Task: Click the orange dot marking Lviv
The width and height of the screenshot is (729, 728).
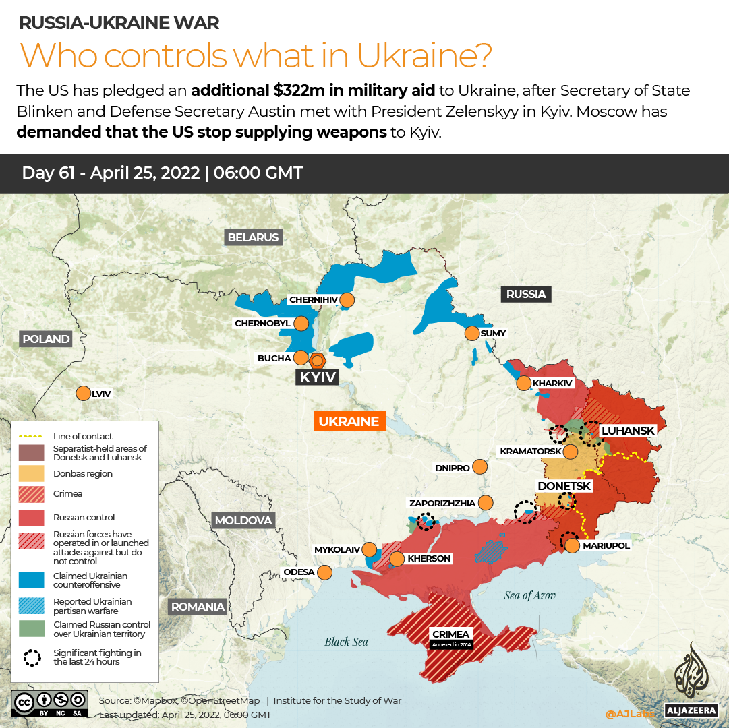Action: coord(84,393)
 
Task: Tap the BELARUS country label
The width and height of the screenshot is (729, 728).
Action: coord(253,237)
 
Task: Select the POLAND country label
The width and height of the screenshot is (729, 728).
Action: coord(45,339)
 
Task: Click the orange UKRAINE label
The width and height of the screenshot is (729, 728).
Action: coord(348,421)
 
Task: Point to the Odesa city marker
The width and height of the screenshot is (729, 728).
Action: coord(324,572)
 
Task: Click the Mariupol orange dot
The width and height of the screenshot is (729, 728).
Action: coord(572,545)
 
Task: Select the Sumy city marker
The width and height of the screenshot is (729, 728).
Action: coord(471,333)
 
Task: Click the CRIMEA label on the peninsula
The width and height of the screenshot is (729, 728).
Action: coord(451,634)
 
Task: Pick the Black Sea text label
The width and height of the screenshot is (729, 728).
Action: coord(346,642)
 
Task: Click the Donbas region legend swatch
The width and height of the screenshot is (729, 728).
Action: coord(32,473)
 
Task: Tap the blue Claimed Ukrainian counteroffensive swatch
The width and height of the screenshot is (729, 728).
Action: coord(32,580)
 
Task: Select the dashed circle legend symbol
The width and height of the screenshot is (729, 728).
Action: coord(32,657)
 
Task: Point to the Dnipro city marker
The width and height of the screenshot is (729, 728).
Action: coord(480,466)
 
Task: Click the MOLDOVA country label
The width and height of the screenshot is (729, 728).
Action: coord(243,520)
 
